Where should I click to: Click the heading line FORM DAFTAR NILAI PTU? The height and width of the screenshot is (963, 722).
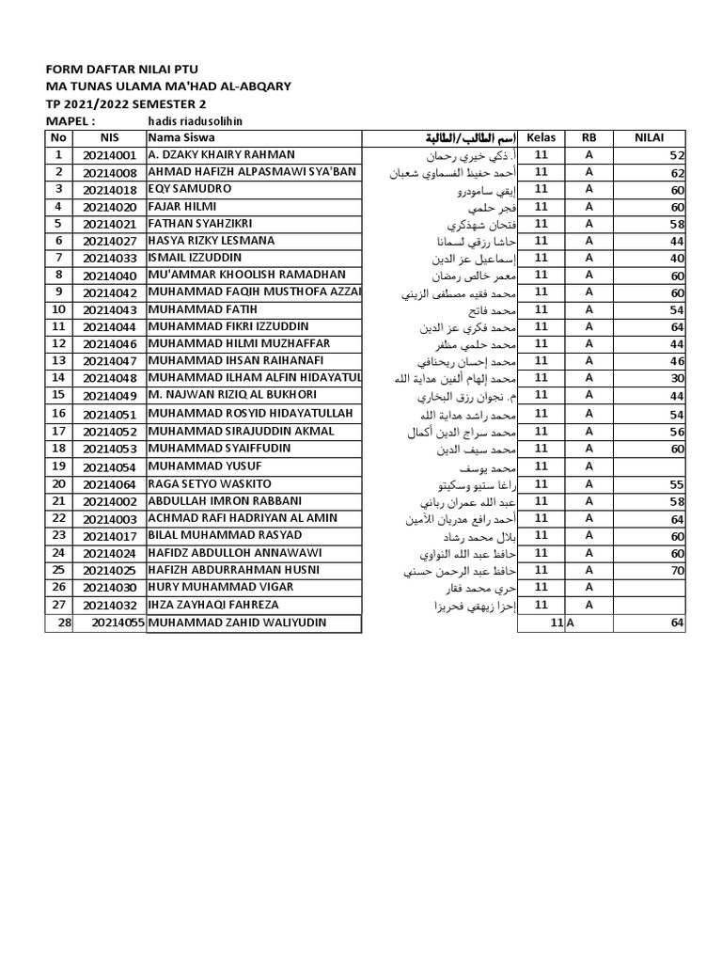point(122,69)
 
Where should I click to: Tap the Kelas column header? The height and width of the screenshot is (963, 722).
point(541,138)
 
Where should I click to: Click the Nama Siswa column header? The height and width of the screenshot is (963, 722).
point(180,138)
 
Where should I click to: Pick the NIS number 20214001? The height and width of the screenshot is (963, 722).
point(109,155)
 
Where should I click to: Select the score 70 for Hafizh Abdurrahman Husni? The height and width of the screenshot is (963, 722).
point(677,571)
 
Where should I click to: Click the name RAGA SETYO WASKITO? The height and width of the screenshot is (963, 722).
point(210,483)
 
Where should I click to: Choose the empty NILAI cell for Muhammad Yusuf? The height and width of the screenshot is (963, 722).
point(649,466)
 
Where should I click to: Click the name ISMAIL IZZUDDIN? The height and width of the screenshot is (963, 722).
point(195,258)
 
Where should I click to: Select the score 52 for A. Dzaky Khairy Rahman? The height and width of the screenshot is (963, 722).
point(677,155)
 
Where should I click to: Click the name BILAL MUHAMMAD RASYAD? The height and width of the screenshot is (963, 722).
point(225,535)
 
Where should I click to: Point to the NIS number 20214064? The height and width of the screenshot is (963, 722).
point(109,484)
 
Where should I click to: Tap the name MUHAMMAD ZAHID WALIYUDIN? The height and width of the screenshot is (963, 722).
point(240,623)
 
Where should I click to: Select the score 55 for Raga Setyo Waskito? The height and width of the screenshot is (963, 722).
point(677,484)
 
